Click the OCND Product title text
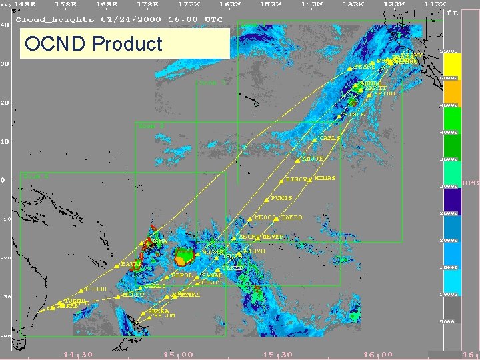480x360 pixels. tap(93, 44)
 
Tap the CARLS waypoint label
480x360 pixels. tap(331, 138)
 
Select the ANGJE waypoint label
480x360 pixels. tap(313, 159)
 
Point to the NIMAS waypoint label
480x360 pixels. tap(325, 179)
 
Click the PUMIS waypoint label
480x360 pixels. tap(281, 198)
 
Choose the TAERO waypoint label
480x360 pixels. tap(291, 217)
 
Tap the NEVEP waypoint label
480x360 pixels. tap(273, 237)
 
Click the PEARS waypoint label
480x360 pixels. tap(363, 67)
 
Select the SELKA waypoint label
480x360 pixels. tap(158, 311)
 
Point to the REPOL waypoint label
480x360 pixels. tap(182, 275)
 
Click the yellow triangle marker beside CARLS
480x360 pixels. tap(315, 139)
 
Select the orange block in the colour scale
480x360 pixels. tap(453, 90)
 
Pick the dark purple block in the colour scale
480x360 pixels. tap(453, 199)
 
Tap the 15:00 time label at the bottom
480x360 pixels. tap(179, 355)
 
